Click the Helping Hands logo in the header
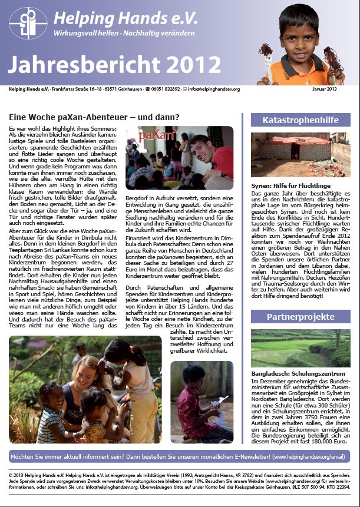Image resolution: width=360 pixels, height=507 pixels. pyautogui.click(x=28, y=23)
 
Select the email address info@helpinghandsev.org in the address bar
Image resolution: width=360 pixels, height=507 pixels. pyautogui.click(x=209, y=89)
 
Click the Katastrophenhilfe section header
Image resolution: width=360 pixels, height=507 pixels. pyautogui.click(x=300, y=120)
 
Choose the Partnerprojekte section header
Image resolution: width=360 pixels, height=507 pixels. pyautogui.click(x=300, y=316)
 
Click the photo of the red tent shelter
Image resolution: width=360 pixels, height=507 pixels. pyautogui.click(x=300, y=155)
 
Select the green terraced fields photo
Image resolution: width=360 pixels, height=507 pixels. pyautogui.click(x=300, y=348)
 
